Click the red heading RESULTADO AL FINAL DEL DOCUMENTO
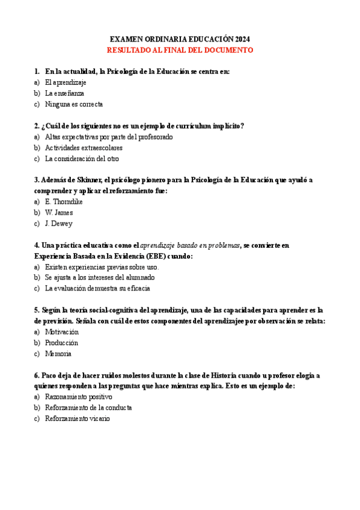[x=180, y=50]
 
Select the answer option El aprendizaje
[x=66, y=82]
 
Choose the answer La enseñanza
[x=64, y=93]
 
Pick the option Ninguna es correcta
[x=74, y=104]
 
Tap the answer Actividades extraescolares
[x=84, y=147]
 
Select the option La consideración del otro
[x=82, y=159]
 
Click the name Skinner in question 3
[x=88, y=180]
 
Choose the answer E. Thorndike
[x=64, y=201]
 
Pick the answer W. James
[x=59, y=212]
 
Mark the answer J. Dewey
[x=58, y=223]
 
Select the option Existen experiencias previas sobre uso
[x=102, y=266]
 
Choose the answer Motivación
[x=62, y=331]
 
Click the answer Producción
[x=62, y=342]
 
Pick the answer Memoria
[x=58, y=353]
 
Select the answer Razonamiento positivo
[x=78, y=396]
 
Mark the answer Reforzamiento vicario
[x=78, y=418]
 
